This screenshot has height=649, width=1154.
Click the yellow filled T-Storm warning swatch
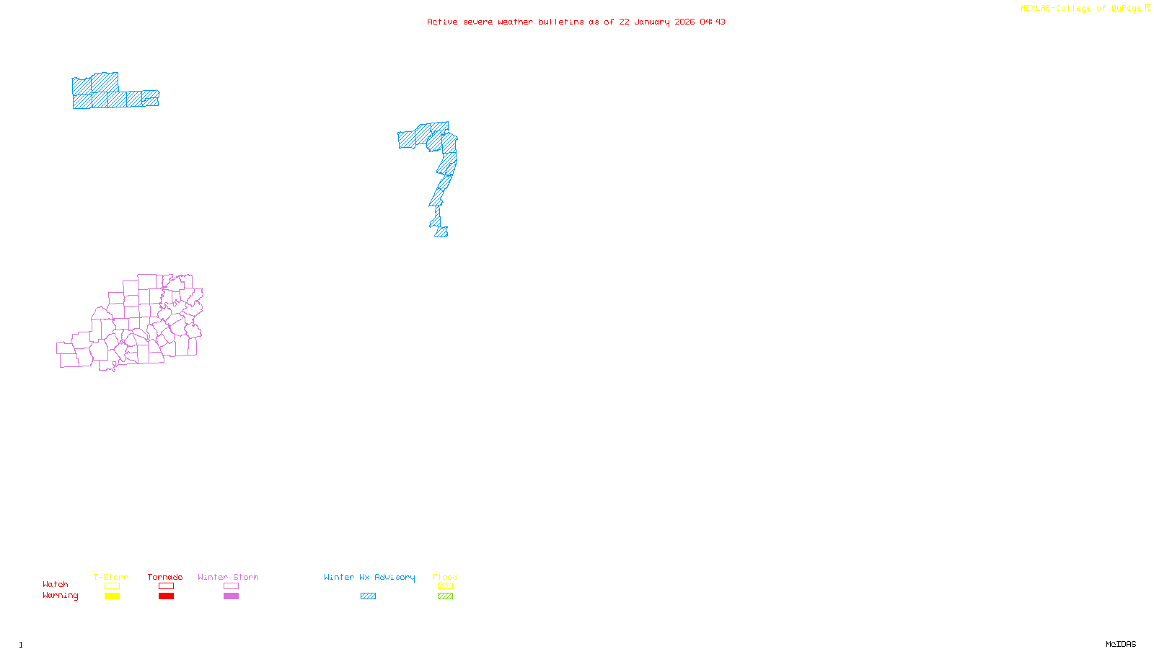click(x=112, y=596)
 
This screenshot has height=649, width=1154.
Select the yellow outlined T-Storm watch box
click(x=112, y=586)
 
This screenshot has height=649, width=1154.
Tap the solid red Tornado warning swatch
click(x=166, y=596)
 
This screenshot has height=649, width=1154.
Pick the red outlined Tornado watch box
click(x=166, y=586)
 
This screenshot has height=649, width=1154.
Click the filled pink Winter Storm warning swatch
click(x=231, y=596)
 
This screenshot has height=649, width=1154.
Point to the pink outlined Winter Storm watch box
click(x=231, y=586)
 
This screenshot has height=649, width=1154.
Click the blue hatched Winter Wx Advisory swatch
click(x=368, y=596)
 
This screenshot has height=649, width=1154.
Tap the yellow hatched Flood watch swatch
click(x=445, y=586)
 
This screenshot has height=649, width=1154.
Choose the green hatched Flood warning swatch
click(x=445, y=596)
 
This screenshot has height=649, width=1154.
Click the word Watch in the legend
click(x=56, y=585)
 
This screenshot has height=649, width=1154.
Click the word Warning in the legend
click(x=61, y=596)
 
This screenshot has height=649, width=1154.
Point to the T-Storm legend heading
click(x=111, y=577)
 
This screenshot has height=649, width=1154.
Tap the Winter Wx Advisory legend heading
click(x=369, y=577)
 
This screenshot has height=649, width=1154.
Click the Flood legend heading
click(x=445, y=577)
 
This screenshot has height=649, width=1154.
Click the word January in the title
click(x=652, y=22)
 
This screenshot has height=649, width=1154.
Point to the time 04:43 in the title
click(x=713, y=22)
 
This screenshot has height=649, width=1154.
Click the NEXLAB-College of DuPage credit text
click(x=1081, y=9)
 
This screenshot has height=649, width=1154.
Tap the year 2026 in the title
click(x=685, y=22)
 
